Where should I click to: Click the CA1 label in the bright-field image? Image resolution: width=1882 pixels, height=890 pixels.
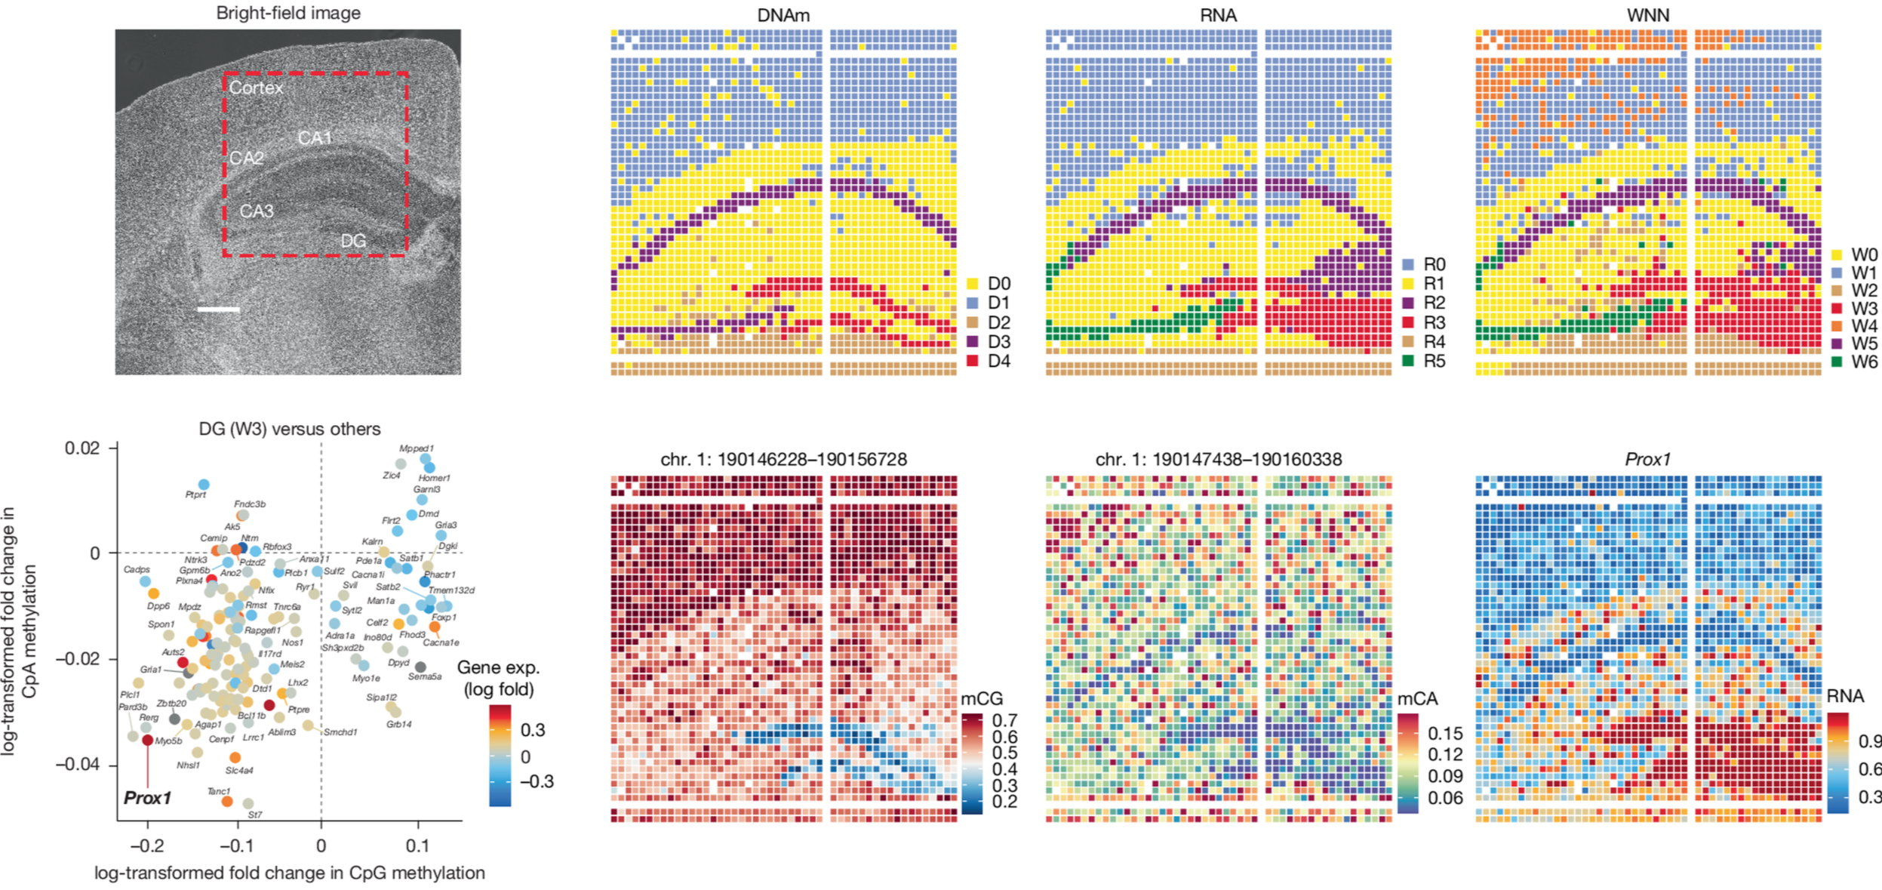coord(315,138)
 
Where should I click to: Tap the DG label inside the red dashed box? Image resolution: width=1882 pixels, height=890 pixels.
coord(353,241)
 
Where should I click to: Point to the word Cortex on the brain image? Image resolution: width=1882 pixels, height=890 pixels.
coord(256,88)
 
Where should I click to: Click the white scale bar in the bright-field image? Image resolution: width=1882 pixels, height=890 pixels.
coord(218,309)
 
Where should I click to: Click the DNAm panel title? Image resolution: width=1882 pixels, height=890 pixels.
coord(783,15)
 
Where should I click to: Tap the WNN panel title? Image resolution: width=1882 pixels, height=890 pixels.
coord(1647,15)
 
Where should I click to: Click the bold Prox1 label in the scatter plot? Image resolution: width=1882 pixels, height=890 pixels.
coord(147,798)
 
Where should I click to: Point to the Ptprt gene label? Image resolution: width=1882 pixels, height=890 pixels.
coord(195,494)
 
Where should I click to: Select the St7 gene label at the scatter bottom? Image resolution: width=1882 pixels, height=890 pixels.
coord(255,815)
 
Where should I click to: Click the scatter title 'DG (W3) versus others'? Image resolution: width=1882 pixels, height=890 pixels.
coord(290,429)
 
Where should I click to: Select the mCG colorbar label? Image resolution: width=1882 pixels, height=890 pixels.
coord(982,698)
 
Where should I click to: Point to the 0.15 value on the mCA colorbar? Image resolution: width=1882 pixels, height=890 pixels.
coord(1444,733)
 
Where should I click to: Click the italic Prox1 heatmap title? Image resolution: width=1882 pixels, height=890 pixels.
coord(1647,459)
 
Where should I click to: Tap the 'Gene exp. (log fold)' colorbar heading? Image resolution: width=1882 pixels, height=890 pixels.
coord(498,678)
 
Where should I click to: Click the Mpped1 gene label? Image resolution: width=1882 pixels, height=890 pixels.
coord(417,448)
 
